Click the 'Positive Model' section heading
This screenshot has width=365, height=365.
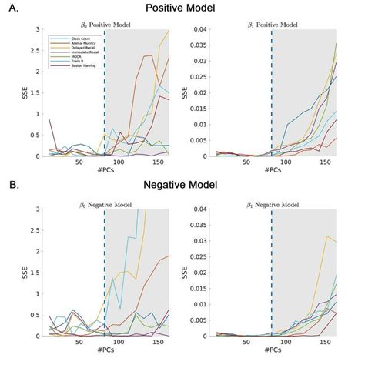182,8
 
